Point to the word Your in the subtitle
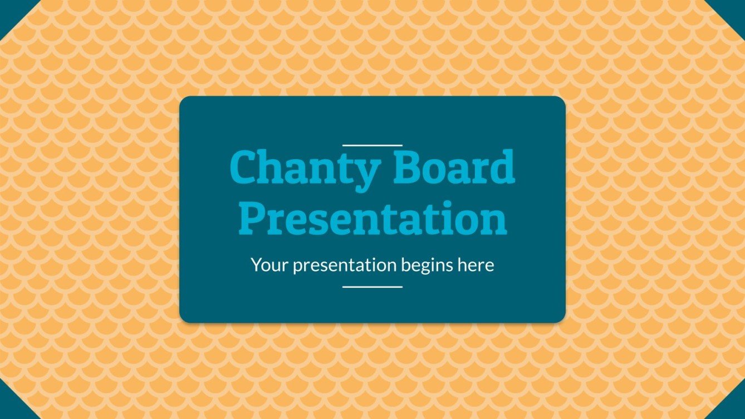click(x=270, y=265)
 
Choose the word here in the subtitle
click(x=476, y=265)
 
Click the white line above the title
click(x=372, y=145)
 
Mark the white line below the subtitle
click(x=372, y=287)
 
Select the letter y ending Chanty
click(x=367, y=172)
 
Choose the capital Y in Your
click(x=256, y=265)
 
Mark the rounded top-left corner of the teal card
click(x=183, y=100)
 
